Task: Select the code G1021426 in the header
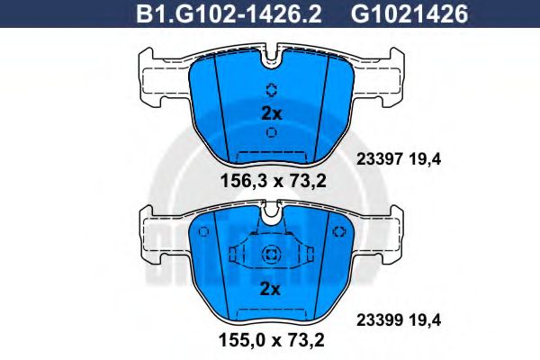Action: coord(398,14)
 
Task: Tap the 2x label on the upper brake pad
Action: coord(271,112)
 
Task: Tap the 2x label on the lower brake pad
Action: coord(271,289)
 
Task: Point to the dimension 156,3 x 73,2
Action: coord(271,180)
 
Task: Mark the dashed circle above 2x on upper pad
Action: coord(271,89)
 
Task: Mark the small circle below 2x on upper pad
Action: coord(271,132)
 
